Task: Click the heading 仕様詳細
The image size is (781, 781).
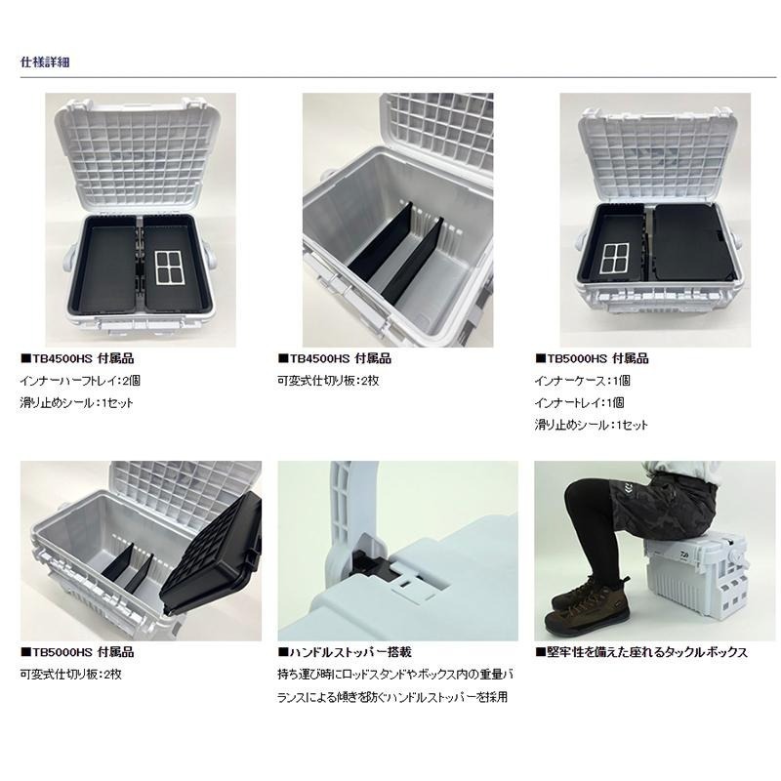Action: [x=45, y=62]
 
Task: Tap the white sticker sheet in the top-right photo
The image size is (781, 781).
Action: [x=615, y=258]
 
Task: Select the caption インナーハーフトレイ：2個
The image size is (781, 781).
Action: [x=80, y=381]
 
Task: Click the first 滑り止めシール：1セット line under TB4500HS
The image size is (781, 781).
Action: [x=77, y=403]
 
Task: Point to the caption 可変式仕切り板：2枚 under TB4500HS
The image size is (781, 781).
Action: [x=328, y=381]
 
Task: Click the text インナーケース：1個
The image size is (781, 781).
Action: [x=582, y=381]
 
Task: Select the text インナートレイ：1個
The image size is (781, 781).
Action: [x=579, y=403]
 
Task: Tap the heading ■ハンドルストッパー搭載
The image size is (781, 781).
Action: [x=345, y=652]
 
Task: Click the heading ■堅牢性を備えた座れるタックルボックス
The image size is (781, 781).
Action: [x=641, y=652]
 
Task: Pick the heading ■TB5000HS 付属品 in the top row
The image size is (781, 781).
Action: [x=592, y=358]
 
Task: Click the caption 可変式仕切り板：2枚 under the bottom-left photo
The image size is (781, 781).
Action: [x=70, y=675]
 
